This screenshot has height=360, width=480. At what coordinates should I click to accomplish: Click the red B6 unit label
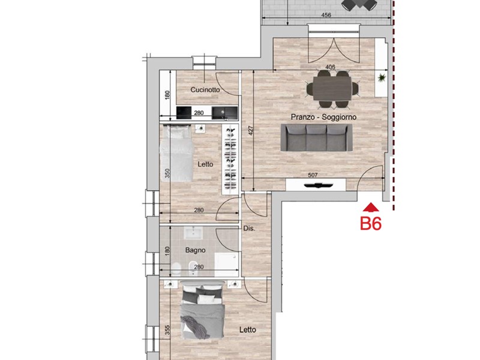click(x=371, y=224)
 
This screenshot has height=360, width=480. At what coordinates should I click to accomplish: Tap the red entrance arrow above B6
click(x=371, y=208)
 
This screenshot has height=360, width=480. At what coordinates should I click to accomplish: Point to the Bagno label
click(x=195, y=250)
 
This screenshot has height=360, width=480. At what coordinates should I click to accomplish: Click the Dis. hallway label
click(x=250, y=229)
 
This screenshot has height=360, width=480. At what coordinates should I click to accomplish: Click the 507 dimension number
click(x=312, y=176)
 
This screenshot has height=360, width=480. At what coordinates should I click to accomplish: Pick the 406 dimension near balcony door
click(x=329, y=67)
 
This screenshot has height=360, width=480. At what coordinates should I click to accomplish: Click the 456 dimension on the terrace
click(x=326, y=14)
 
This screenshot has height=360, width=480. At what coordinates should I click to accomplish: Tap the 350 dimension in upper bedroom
click(x=168, y=174)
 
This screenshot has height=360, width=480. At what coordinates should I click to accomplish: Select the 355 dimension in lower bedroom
click(x=168, y=330)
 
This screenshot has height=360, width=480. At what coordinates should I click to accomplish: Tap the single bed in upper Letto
click(x=178, y=152)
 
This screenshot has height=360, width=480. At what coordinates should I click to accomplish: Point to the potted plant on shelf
click(x=380, y=78)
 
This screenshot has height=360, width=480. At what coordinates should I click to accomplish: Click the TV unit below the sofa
click(x=316, y=185)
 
